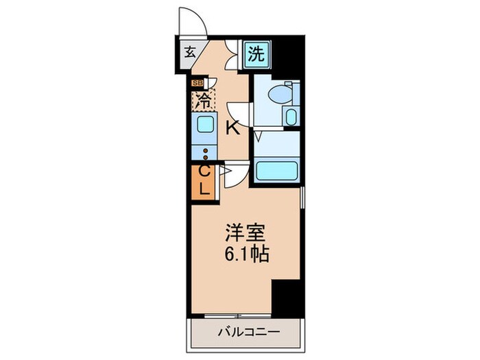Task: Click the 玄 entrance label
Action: click(x=189, y=53)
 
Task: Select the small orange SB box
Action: click(x=197, y=83)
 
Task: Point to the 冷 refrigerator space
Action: click(x=204, y=100)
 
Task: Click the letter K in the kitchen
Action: click(x=232, y=128)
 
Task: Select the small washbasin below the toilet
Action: click(x=290, y=116)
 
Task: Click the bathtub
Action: click(x=276, y=170)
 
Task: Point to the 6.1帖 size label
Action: click(x=244, y=254)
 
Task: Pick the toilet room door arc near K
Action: click(x=237, y=114)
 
